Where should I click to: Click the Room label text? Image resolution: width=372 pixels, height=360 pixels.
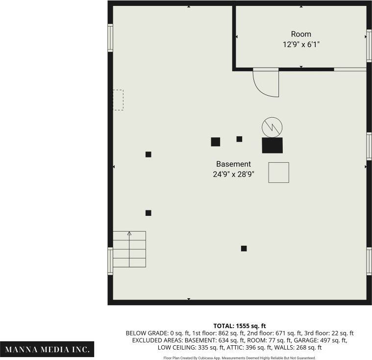301,34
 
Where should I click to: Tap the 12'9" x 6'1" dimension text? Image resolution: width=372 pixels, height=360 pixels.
301,45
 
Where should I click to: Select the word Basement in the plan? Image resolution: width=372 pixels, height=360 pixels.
233,164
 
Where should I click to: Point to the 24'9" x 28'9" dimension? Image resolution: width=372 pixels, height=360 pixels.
233,174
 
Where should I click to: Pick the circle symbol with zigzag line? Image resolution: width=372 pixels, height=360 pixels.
272,127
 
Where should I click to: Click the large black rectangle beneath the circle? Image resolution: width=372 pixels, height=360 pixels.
273,145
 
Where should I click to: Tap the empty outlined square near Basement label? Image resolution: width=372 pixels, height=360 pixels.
278,173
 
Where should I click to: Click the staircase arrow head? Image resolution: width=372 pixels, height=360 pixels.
129,233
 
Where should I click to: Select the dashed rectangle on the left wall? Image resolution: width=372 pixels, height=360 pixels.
118,100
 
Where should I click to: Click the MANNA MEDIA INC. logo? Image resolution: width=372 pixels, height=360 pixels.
47,349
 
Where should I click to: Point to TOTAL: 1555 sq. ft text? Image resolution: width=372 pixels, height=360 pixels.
240,326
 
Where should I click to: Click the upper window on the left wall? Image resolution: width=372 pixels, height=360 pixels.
110,38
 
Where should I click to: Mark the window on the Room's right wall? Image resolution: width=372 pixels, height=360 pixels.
369,46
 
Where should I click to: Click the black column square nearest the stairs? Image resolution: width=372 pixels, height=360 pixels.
149,213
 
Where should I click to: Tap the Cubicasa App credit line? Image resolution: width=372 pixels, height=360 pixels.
240,358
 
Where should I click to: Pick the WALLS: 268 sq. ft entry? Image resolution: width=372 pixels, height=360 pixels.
298,348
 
